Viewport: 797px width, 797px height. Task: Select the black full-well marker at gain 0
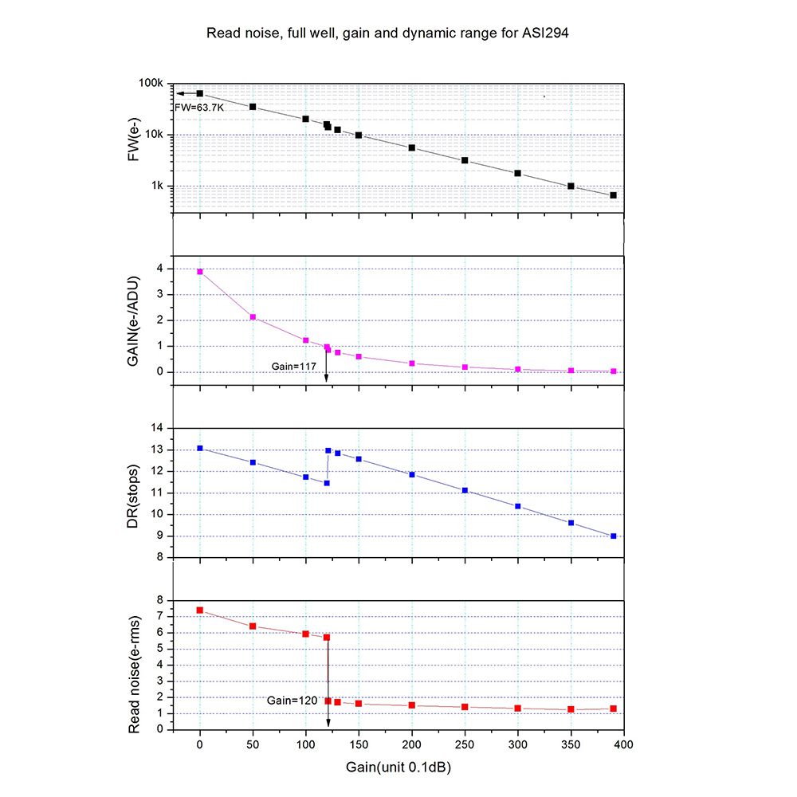(x=200, y=93)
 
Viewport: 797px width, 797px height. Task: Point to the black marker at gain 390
(x=613, y=195)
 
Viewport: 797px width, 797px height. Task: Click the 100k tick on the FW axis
(x=151, y=84)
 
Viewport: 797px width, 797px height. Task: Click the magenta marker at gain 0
(x=200, y=272)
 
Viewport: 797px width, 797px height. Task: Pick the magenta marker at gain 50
(x=253, y=317)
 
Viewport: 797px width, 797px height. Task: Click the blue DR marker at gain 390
(x=613, y=536)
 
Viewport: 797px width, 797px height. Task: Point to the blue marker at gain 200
(x=412, y=474)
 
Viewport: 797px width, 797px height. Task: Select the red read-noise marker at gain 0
(x=200, y=610)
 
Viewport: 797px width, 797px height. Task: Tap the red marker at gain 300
(x=518, y=708)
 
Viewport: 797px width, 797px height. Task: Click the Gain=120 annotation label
(x=292, y=700)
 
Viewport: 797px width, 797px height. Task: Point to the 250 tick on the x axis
(x=465, y=743)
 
